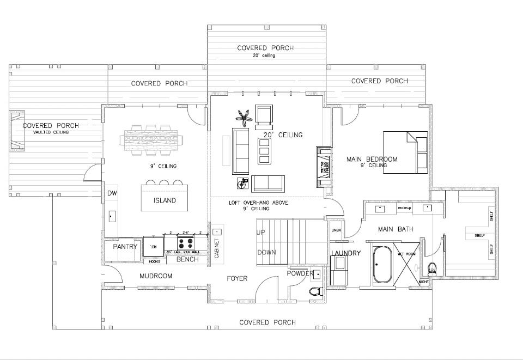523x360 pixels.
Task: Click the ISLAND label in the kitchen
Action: [x=165, y=200]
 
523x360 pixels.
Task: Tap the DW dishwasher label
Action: [x=112, y=193]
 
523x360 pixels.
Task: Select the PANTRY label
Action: [x=125, y=247]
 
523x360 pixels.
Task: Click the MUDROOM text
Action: [x=156, y=276]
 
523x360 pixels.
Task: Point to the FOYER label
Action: [x=237, y=278]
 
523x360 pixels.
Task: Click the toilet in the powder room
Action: [x=314, y=290]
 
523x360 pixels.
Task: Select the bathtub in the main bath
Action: [x=382, y=265]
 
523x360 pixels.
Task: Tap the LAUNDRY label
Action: [x=346, y=253]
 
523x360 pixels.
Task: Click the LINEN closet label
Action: [x=336, y=230]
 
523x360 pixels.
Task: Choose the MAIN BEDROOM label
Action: [x=372, y=160]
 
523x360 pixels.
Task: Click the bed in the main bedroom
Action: [x=405, y=152]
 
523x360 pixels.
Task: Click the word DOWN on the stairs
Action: [x=266, y=252]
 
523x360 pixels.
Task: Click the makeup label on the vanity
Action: [x=404, y=208]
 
